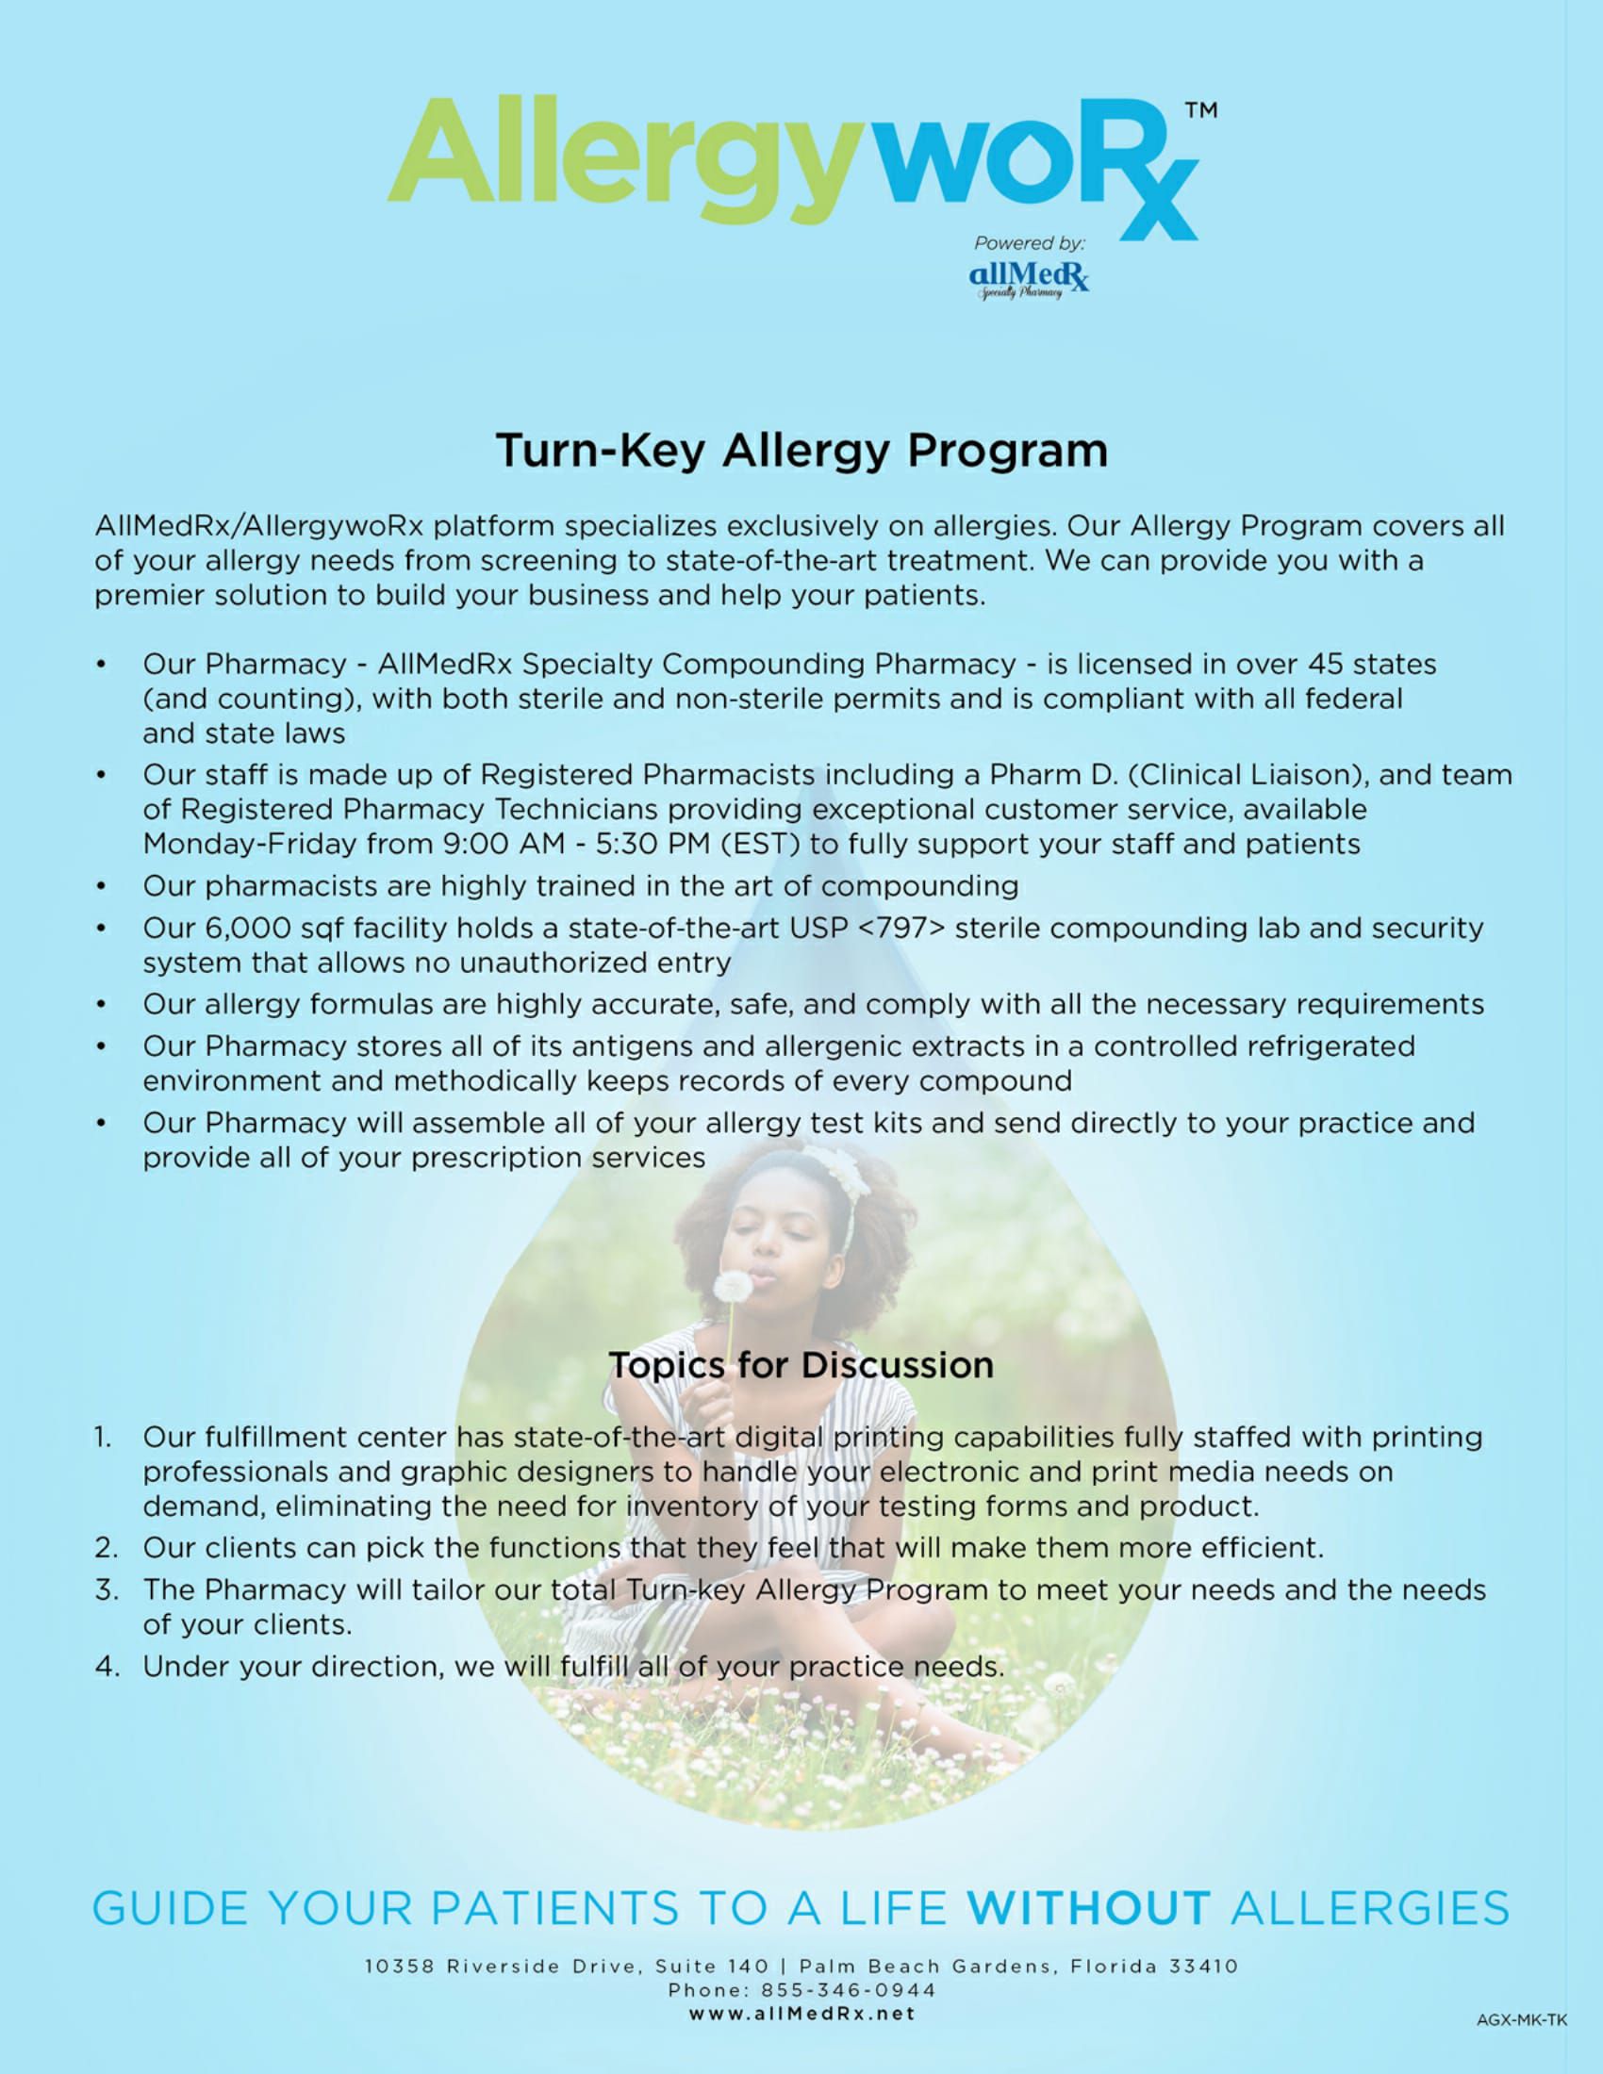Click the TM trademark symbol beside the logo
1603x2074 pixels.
(x=1200, y=111)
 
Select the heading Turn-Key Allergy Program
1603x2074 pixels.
(x=801, y=450)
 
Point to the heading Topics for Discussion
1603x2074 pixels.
(x=801, y=1365)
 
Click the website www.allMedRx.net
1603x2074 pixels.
(x=801, y=2013)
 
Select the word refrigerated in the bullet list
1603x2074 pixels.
(x=1330, y=1045)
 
